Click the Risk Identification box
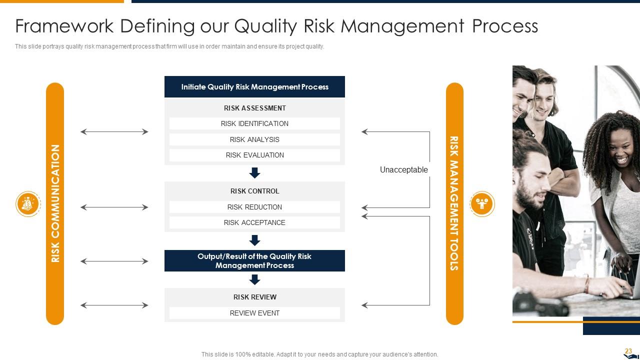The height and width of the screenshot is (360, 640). [x=254, y=123]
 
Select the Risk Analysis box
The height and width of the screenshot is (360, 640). [x=254, y=139]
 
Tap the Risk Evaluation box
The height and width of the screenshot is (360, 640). [x=254, y=155]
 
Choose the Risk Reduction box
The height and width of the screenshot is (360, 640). [x=254, y=207]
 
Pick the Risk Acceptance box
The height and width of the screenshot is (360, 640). [x=254, y=222]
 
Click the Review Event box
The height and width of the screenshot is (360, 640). [x=254, y=313]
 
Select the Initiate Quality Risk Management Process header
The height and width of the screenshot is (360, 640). [x=254, y=87]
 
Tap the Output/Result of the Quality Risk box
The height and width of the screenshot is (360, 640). [x=254, y=260]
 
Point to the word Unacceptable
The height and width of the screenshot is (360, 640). [x=403, y=170]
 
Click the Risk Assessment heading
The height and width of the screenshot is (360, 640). [x=254, y=108]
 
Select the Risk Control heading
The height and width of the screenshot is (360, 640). [x=254, y=191]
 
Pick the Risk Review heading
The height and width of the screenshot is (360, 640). [x=254, y=297]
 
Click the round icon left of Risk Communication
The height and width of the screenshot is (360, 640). [x=28, y=204]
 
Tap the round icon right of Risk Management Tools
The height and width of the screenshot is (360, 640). [x=482, y=204]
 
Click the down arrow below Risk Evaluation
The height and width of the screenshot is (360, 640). [x=254, y=173]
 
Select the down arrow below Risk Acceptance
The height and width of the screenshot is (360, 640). [x=254, y=240]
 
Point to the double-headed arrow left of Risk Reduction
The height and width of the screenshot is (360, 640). [x=114, y=207]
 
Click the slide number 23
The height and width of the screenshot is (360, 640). [x=628, y=351]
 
